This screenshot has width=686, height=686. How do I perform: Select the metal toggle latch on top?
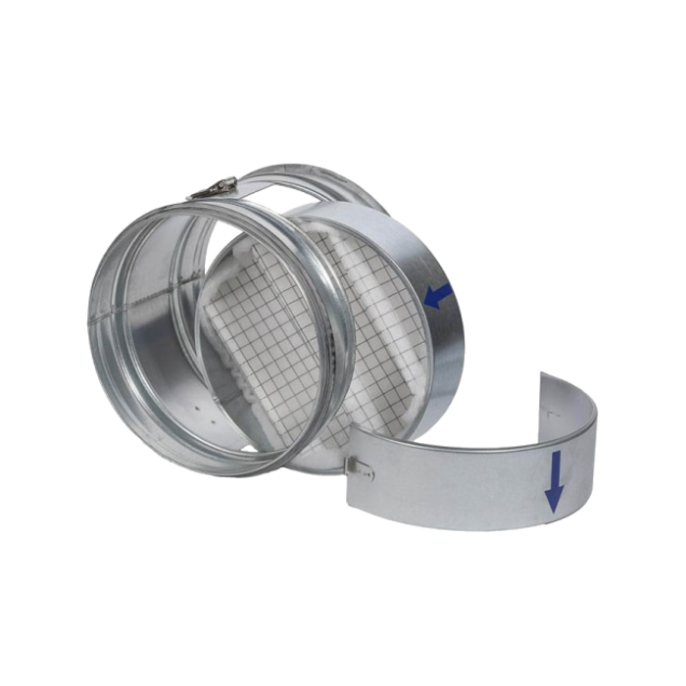click(215, 187)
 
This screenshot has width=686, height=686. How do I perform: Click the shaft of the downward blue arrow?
click(555, 470)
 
